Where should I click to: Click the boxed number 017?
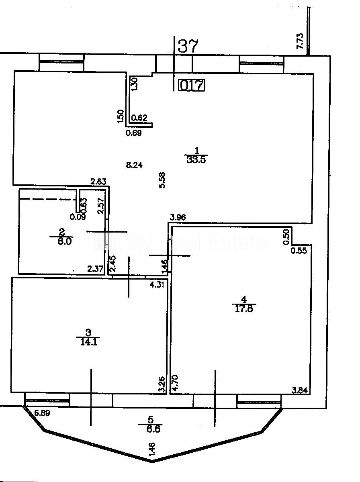[192, 85]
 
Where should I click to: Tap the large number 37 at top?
[188, 46]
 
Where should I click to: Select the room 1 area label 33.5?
[196, 160]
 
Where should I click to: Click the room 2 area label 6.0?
[61, 242]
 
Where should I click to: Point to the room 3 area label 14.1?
[88, 341]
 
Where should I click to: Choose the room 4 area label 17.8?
[244, 308]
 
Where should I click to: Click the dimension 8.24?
[134, 164]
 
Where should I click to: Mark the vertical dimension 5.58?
[162, 180]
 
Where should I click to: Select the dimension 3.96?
[178, 218]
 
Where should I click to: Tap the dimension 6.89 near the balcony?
[42, 413]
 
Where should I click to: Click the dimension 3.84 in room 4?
[300, 389]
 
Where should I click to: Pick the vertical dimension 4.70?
[175, 384]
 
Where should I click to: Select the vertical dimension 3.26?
[162, 384]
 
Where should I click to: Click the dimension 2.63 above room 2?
[98, 182]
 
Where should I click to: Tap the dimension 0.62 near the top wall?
[140, 118]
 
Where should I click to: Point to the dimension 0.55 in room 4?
[299, 251]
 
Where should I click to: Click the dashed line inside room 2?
[48, 198]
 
